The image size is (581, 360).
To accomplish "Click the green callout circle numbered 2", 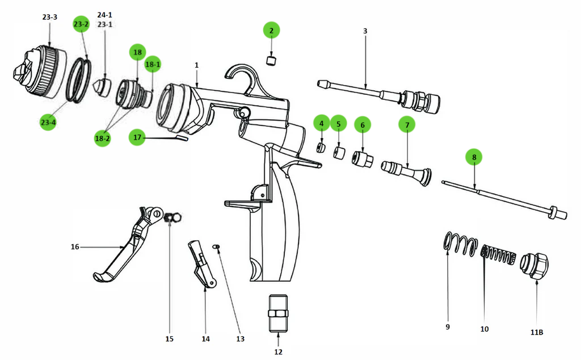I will point(271,30).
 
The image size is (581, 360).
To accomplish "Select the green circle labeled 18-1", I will point(153,65).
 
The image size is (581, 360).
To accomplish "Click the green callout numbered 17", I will point(137,137).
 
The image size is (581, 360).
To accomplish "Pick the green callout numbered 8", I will point(474,157).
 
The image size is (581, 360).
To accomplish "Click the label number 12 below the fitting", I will point(278,351).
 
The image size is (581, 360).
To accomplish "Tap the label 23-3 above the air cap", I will point(50,17).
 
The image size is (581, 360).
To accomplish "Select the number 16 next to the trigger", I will point(75,247).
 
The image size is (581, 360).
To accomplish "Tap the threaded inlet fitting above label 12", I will point(278,313).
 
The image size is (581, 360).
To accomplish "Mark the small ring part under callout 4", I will point(321,148).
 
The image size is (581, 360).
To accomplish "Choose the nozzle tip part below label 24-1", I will point(102,87).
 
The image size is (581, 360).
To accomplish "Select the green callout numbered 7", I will point(406,124).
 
